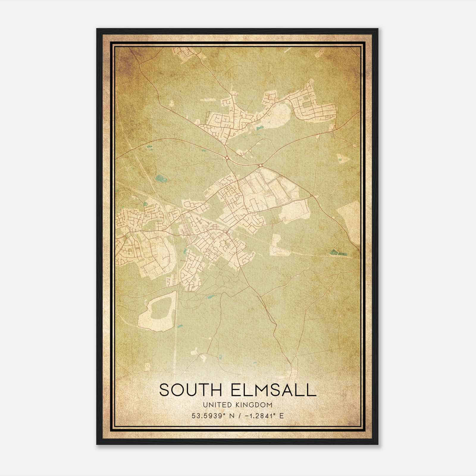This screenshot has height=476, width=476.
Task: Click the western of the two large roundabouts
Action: pyautogui.click(x=227, y=158)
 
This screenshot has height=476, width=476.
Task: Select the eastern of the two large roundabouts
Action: pyautogui.click(x=261, y=165)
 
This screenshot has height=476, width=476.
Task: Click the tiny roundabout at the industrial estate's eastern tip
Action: pyautogui.click(x=311, y=195)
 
